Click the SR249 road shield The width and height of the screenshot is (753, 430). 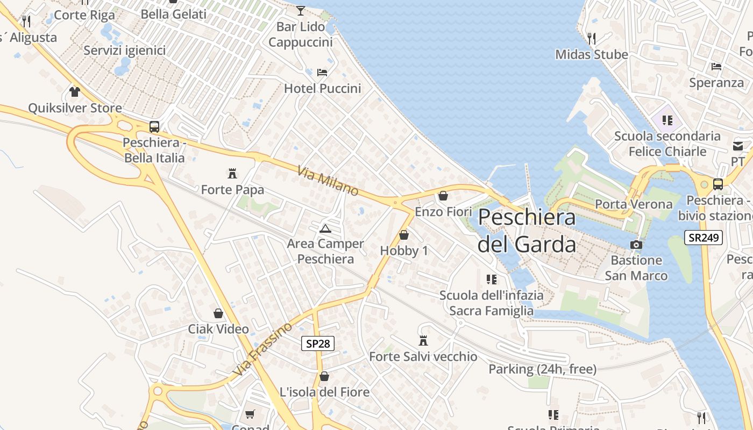tap(703, 238)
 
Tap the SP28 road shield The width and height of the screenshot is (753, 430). tap(317, 343)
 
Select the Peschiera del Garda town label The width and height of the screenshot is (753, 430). tap(527, 231)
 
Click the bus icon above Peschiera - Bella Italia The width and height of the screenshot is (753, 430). tap(154, 127)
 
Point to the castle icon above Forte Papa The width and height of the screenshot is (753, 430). tap(232, 174)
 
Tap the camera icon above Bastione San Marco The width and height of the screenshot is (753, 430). tap(636, 245)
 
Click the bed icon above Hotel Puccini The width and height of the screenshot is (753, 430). tap(322, 72)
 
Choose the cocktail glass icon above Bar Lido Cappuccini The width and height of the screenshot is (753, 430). tap(301, 10)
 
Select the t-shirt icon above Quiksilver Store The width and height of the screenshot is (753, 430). tap(75, 92)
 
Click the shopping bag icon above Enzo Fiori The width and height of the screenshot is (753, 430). tap(443, 196)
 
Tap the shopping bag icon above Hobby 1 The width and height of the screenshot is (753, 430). tap(404, 235)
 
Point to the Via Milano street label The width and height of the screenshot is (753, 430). tap(328, 181)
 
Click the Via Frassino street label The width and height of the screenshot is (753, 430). tap(262, 349)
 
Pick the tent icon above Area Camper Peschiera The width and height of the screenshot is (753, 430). tap(325, 228)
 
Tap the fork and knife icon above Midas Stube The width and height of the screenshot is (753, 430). tap(592, 38)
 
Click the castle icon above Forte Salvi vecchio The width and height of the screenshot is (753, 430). tap(423, 340)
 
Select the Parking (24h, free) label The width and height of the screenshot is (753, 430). tap(542, 369)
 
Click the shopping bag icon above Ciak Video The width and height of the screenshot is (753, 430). tap(218, 313)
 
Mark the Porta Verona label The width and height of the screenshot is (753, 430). tap(634, 204)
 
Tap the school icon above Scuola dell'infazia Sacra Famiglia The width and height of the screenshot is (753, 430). tap(491, 279)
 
